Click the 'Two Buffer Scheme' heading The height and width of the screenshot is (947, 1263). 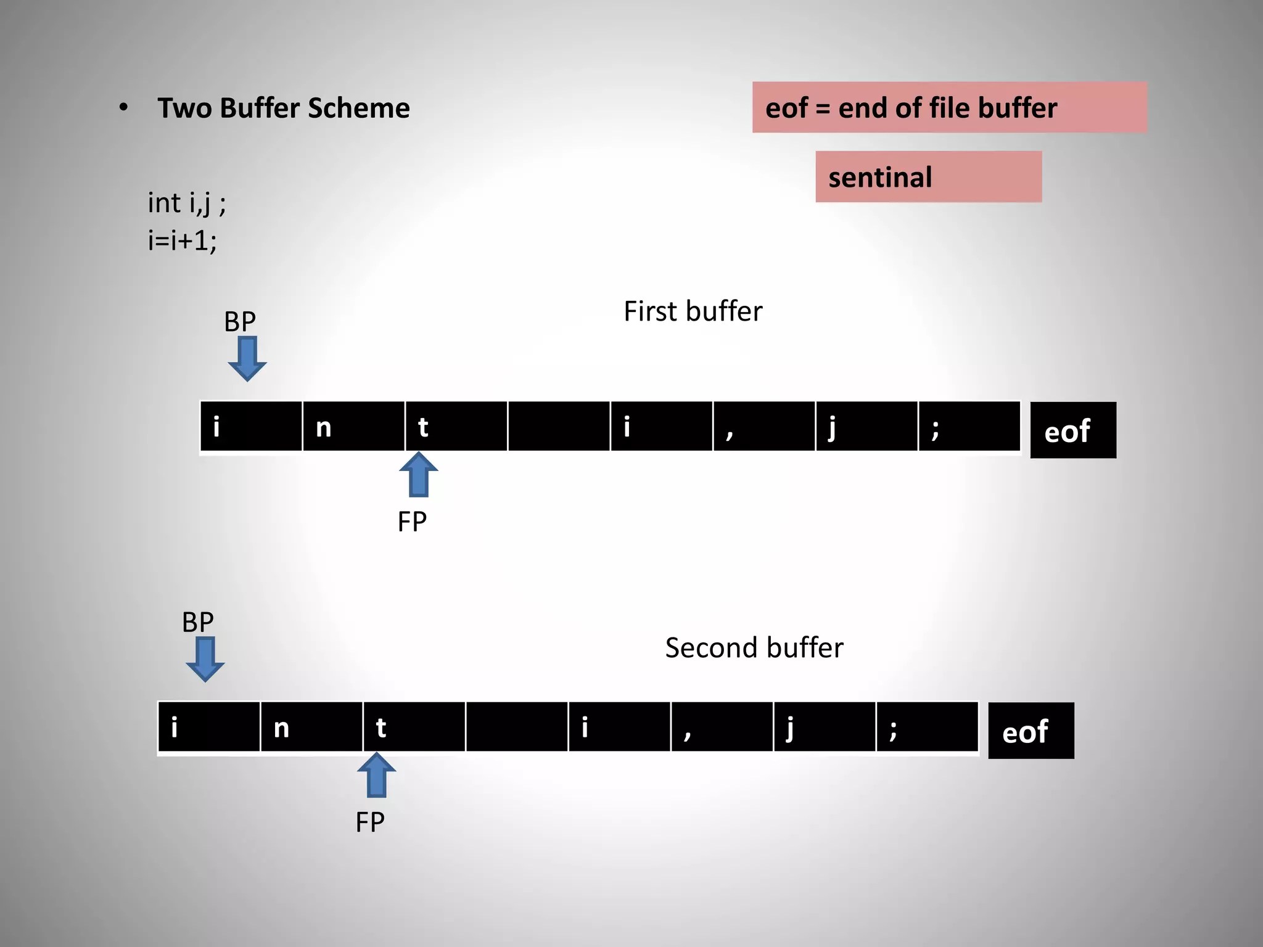pyautogui.click(x=283, y=108)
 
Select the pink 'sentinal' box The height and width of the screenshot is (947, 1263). pyautogui.click(x=928, y=177)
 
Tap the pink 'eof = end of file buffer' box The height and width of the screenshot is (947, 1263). pyautogui.click(x=949, y=108)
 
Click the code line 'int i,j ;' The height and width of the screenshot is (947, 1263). pyautogui.click(x=187, y=203)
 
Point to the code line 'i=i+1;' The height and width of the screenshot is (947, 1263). pyautogui.click(x=183, y=240)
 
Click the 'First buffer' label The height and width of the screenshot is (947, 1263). pyautogui.click(x=693, y=311)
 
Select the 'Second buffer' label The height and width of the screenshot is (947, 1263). pyautogui.click(x=754, y=648)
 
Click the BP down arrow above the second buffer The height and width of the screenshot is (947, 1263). pyautogui.click(x=205, y=660)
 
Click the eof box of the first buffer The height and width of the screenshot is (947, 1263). pyautogui.click(x=1073, y=430)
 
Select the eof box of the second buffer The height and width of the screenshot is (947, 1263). pyautogui.click(x=1031, y=731)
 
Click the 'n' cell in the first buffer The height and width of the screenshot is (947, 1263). pyautogui.click(x=353, y=427)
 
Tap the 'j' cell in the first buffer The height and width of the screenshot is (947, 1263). pyautogui.click(x=866, y=427)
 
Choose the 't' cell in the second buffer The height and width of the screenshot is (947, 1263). pyautogui.click(x=414, y=728)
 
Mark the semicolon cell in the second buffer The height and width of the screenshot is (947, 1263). pyautogui.click(x=927, y=728)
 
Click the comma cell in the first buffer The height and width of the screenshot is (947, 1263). pyautogui.click(x=764, y=427)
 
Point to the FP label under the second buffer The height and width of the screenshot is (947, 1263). pyautogui.click(x=370, y=822)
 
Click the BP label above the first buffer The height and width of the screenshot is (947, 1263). pyautogui.click(x=240, y=321)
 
